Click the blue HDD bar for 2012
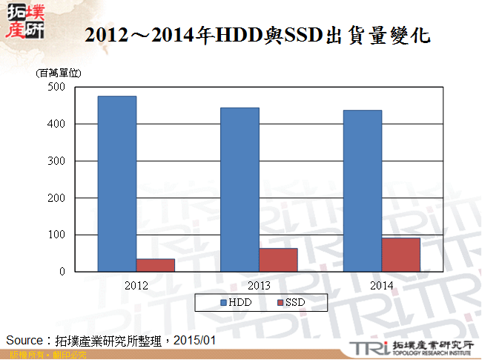click(117, 184)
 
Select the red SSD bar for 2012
click(156, 265)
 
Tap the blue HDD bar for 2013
click(240, 190)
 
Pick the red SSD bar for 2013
click(278, 260)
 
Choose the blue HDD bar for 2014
click(363, 191)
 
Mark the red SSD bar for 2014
click(401, 255)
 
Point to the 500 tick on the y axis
click(56, 87)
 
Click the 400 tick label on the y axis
click(56, 124)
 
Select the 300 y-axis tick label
click(56, 161)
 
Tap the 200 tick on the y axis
click(56, 198)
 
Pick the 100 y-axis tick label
click(56, 235)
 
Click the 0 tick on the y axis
click(62, 272)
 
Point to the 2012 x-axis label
click(136, 285)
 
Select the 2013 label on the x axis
click(259, 285)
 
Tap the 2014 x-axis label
click(382, 285)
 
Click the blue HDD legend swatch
click(223, 303)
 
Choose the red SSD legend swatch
click(280, 303)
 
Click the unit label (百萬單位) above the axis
click(59, 73)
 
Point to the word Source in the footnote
click(23, 340)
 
